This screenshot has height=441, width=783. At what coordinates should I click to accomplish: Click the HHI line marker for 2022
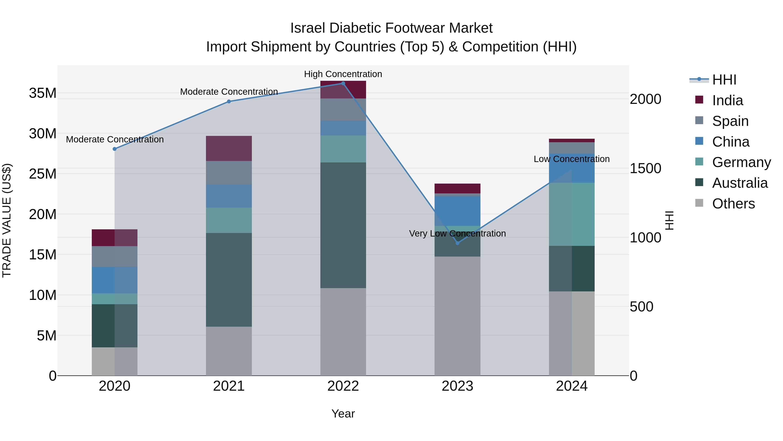[x=343, y=83]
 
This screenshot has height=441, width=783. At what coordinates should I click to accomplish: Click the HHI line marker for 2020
[x=115, y=149]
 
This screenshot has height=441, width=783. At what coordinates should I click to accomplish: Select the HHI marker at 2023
[x=457, y=243]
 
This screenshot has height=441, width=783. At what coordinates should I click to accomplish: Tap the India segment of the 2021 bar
[x=229, y=148]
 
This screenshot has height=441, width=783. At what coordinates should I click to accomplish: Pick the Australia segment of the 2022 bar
[x=343, y=225]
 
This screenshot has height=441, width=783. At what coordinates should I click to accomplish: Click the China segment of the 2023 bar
[x=457, y=211]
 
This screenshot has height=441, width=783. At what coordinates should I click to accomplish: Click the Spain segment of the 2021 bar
[x=229, y=172]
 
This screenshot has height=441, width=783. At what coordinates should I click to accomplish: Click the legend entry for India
[x=727, y=100]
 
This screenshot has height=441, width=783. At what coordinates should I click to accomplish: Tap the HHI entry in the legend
[x=724, y=80]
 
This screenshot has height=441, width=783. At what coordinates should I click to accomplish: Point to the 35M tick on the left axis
[x=43, y=93]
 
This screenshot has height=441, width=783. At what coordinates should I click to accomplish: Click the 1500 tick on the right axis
[x=645, y=168]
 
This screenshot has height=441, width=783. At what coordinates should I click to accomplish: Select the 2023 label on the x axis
[x=457, y=386]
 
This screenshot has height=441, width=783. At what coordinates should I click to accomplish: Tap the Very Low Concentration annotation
[x=457, y=233]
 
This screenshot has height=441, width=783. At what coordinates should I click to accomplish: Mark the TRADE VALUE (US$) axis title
[x=7, y=220]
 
